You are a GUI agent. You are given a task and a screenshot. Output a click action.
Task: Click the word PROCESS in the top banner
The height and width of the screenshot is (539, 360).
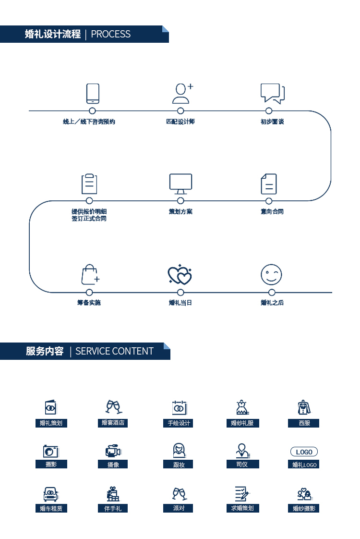pos(110,34)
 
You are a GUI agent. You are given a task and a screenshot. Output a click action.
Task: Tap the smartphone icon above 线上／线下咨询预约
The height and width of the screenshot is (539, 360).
pos(93,94)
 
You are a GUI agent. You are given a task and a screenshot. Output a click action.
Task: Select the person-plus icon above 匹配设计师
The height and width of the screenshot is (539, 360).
pos(182,93)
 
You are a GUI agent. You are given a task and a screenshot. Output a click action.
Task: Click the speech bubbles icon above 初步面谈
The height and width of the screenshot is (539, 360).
pos(273,94)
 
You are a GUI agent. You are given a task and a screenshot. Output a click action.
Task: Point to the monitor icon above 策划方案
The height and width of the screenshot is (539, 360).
pos(180,184)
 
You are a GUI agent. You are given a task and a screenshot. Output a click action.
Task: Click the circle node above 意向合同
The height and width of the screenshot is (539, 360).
pos(269,201)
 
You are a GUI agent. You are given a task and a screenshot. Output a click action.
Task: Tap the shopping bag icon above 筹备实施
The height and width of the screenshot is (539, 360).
pos(90,274)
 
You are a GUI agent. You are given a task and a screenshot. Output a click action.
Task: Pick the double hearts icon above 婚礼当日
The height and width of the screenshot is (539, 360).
pos(180,275)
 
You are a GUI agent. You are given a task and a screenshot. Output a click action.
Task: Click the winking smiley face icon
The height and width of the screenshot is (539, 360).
pos(271,275)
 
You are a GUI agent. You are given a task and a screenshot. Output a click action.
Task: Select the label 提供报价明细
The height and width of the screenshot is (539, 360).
pos(89,211)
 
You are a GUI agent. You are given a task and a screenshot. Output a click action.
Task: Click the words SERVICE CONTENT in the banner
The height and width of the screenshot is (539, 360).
pos(114,351)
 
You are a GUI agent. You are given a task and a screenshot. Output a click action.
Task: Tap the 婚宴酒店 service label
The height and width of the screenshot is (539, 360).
pos(113,423)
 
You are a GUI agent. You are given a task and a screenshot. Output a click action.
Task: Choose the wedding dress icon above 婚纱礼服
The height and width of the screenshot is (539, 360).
pos(242,407)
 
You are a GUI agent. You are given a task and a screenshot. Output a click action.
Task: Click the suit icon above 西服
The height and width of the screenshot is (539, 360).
pos(304,407)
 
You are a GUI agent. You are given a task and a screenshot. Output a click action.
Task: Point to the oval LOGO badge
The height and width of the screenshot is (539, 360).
pos(304,452)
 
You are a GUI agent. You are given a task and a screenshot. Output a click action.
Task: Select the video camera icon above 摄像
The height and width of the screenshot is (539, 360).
pos(113,451)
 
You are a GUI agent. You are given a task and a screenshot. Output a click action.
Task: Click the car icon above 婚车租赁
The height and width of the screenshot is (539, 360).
pos(51,494)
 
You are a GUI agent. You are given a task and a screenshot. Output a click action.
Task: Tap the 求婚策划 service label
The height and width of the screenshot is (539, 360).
pos(242,508)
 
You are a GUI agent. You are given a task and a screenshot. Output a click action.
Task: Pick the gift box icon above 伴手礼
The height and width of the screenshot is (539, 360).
pos(113,494)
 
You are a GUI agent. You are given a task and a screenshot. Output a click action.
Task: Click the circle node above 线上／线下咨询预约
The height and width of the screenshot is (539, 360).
pos(93,110)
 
